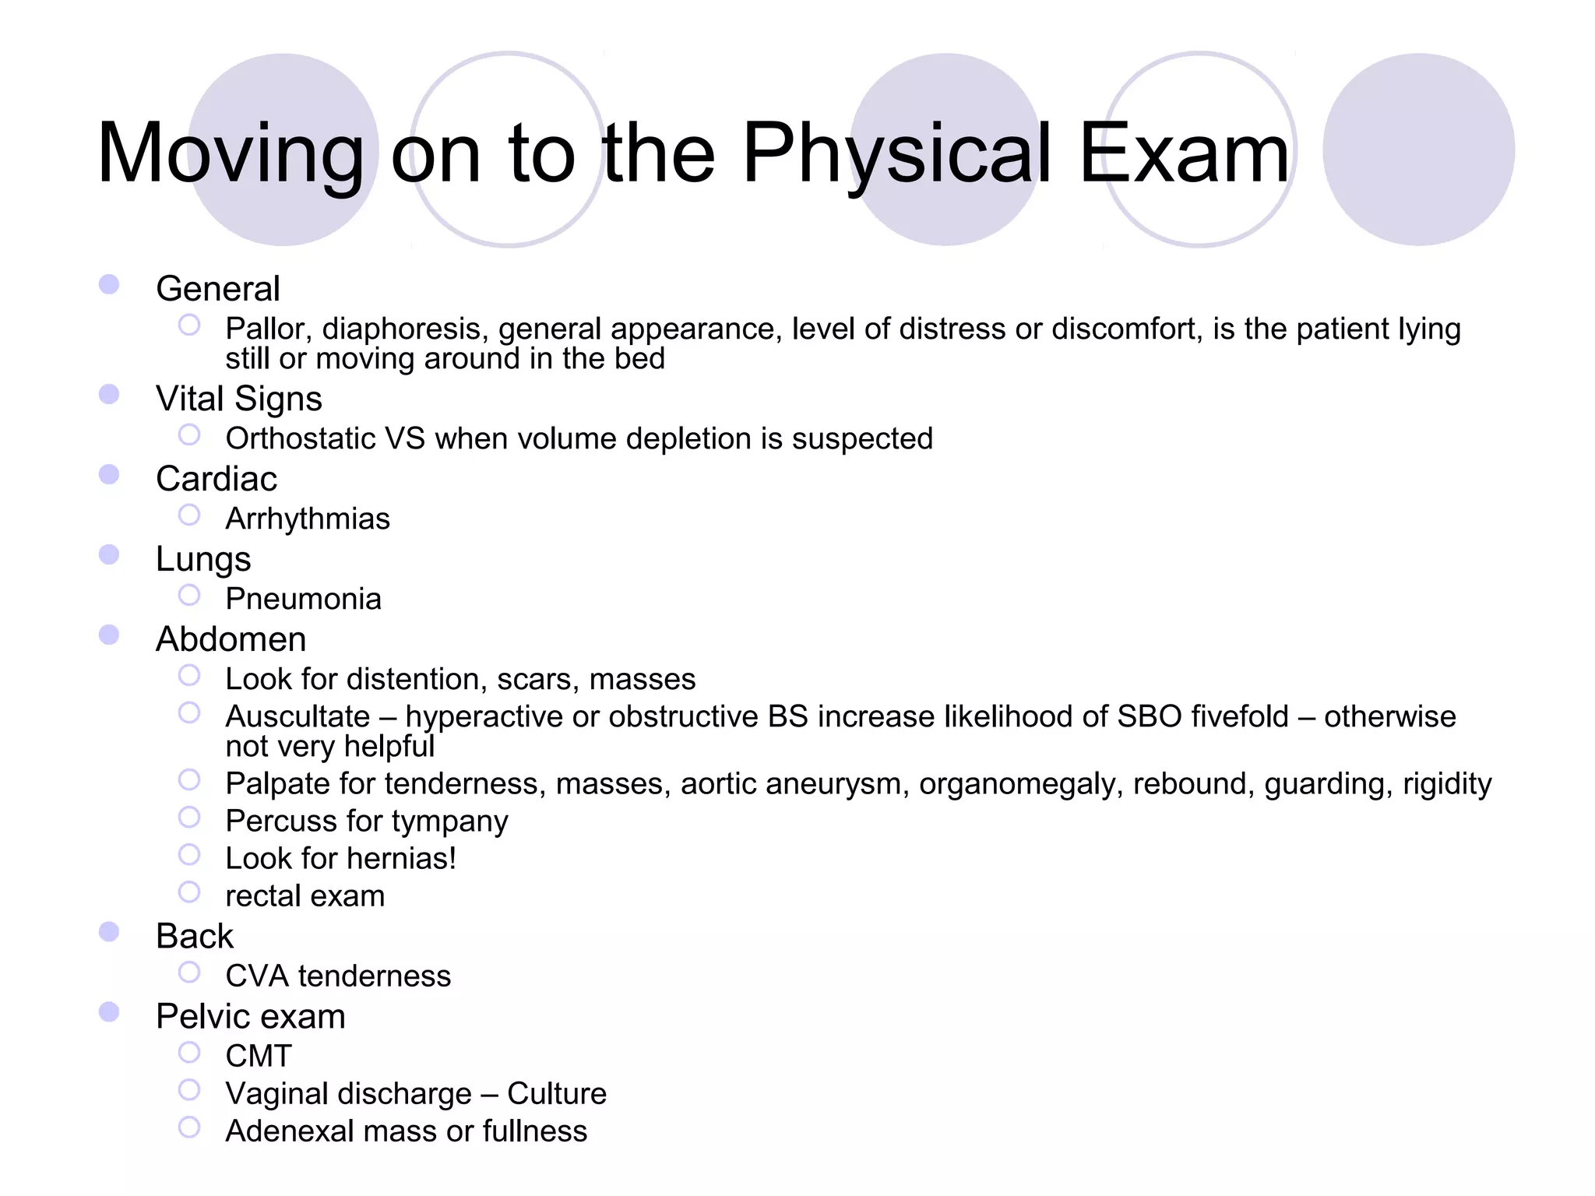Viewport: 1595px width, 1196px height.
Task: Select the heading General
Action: tap(217, 289)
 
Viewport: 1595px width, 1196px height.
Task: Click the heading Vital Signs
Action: tap(238, 399)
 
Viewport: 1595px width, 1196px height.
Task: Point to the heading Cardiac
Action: tap(216, 479)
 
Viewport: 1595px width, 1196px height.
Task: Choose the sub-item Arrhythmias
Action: tap(308, 519)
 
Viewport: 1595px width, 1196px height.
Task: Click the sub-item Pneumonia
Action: tap(303, 600)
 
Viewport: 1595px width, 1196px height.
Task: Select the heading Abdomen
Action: tap(231, 639)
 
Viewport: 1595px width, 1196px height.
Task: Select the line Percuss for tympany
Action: tap(366, 821)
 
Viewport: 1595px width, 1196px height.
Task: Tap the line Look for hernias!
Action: tap(340, 859)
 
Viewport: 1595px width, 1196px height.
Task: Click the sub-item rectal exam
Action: tap(305, 896)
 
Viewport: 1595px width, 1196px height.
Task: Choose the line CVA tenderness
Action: tap(338, 976)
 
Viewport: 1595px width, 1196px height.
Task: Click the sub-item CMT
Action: tap(259, 1057)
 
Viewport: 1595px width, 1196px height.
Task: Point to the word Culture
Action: tap(556, 1094)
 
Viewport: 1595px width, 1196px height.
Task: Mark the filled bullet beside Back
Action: tap(109, 932)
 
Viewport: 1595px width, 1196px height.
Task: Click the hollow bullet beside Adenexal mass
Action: tap(189, 1127)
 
